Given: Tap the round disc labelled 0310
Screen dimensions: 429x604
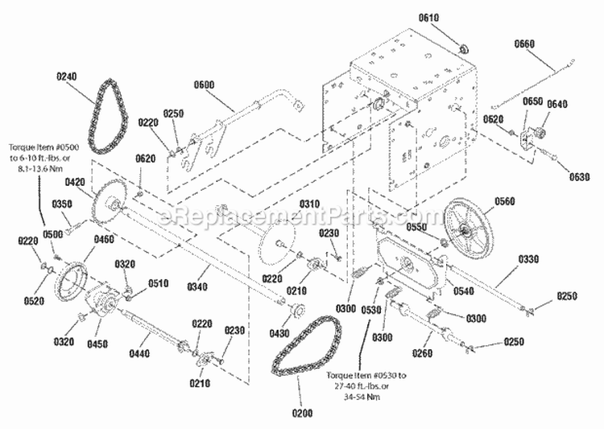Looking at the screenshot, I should pos(281,241).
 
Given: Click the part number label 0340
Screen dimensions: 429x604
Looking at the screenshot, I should pos(197,287).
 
